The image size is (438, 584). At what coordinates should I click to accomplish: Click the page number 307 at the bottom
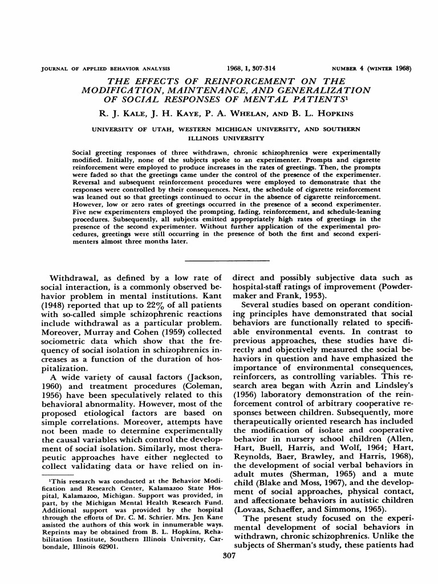pos(219,570)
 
